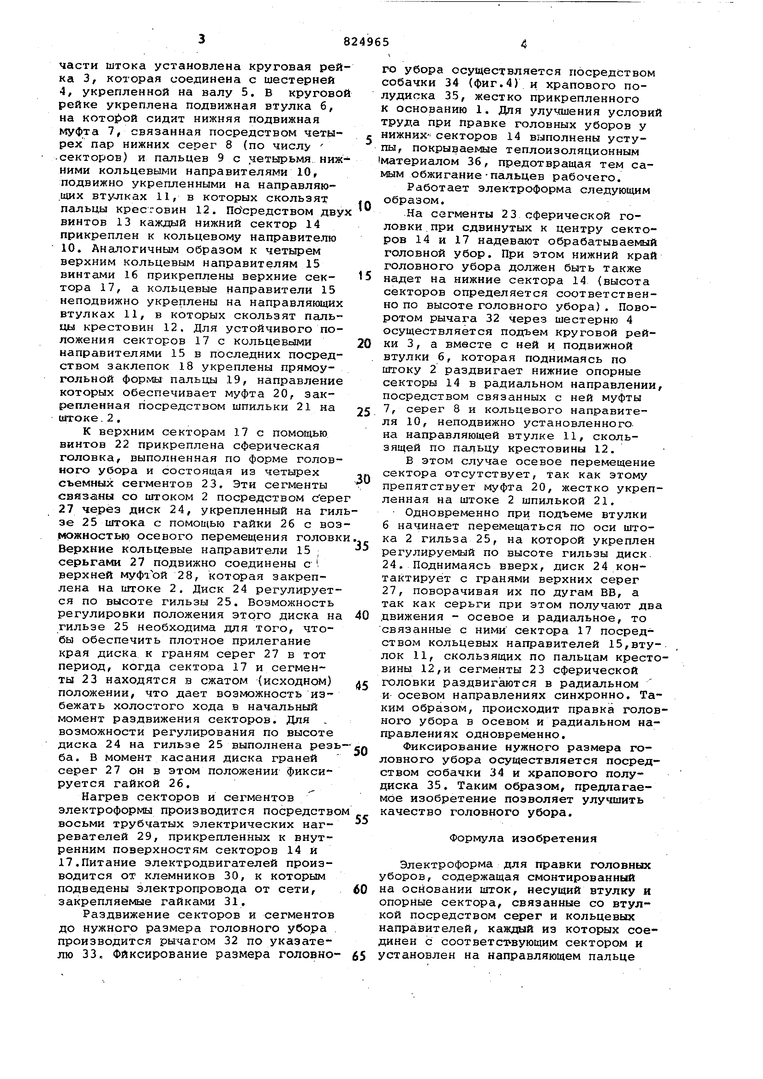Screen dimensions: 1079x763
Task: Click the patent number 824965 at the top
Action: click(x=366, y=42)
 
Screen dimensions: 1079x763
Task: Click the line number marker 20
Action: click(x=364, y=344)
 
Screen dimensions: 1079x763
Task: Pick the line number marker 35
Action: click(x=362, y=546)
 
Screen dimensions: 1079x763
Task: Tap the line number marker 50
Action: click(x=361, y=750)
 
